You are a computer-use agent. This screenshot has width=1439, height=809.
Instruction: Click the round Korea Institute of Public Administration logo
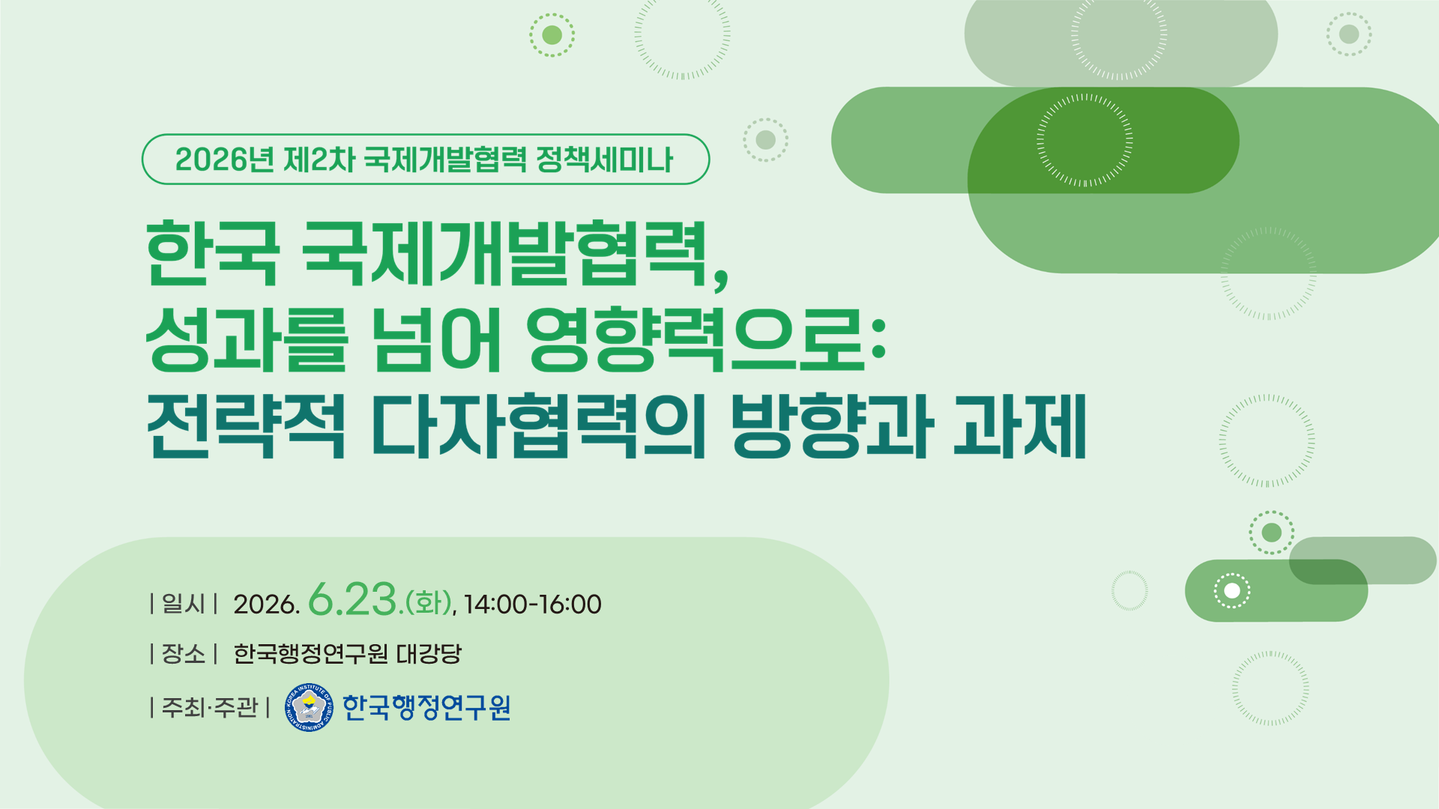(x=309, y=707)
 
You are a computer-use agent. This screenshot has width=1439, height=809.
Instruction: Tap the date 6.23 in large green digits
(x=352, y=600)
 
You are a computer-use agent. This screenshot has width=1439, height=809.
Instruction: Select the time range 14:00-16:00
(x=532, y=605)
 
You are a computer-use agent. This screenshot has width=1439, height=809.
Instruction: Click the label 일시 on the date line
(x=184, y=604)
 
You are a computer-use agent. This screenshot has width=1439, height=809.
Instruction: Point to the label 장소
(x=184, y=654)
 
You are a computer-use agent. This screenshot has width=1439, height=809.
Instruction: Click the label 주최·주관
(x=210, y=707)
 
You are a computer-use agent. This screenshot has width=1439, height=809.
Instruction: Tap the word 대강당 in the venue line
(x=429, y=654)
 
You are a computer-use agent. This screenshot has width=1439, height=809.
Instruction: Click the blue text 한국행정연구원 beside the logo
(x=426, y=707)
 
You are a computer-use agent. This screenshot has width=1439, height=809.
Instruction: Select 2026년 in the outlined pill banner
(x=224, y=160)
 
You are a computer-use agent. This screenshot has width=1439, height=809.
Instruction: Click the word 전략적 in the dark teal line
(x=247, y=425)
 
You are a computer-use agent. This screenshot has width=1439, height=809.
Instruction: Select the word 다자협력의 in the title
(x=539, y=425)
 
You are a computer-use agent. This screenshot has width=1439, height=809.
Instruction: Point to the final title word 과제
(x=1020, y=425)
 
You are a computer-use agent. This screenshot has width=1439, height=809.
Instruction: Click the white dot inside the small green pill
(x=1232, y=591)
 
